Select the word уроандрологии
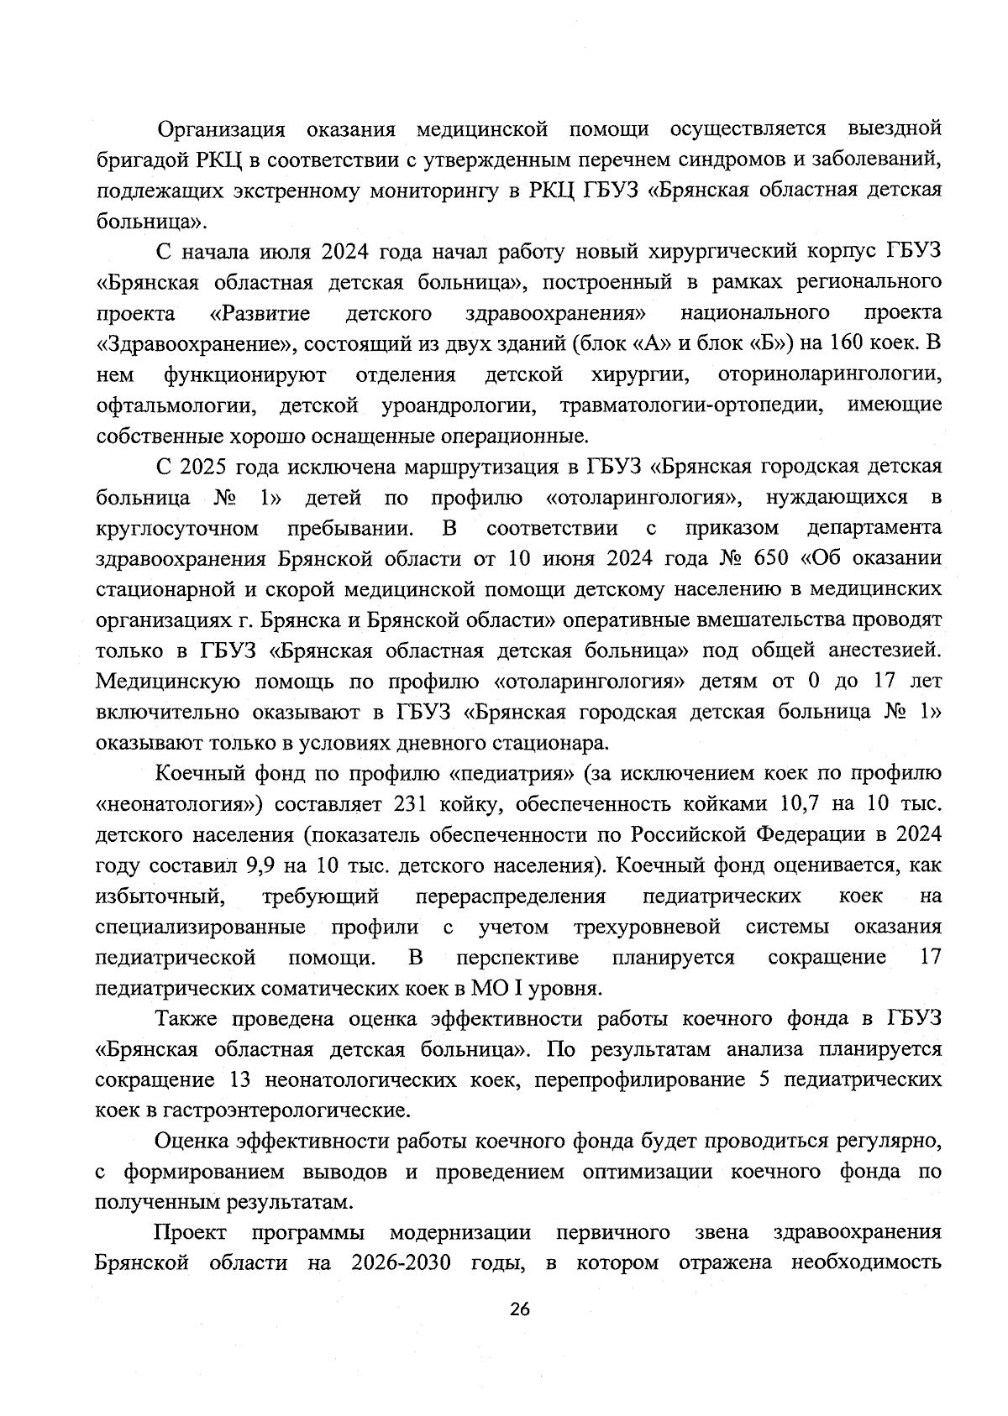coord(459,405)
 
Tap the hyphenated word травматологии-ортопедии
coord(690,405)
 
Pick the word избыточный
coord(160,896)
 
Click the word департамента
coord(874,528)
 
